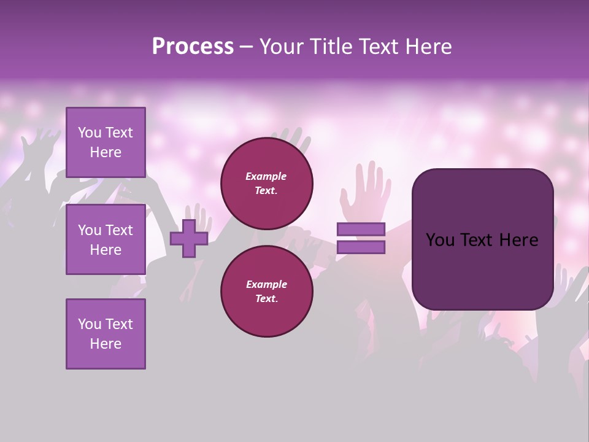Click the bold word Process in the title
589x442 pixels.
click(193, 47)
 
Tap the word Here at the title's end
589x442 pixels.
click(429, 47)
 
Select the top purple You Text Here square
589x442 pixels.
click(106, 142)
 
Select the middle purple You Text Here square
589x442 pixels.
click(106, 239)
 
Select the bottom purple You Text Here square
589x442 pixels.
click(106, 334)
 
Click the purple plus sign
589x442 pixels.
click(189, 239)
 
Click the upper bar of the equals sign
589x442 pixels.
click(361, 230)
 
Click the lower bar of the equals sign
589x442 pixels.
click(361, 247)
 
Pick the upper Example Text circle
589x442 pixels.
click(267, 183)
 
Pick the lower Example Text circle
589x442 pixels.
click(267, 291)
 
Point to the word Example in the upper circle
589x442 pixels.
click(266, 176)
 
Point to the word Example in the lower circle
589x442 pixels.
click(266, 284)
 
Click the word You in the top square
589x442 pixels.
click(90, 133)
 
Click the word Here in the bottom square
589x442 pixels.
click(106, 344)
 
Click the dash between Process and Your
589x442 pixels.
click(247, 47)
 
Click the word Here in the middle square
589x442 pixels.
click(106, 250)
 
